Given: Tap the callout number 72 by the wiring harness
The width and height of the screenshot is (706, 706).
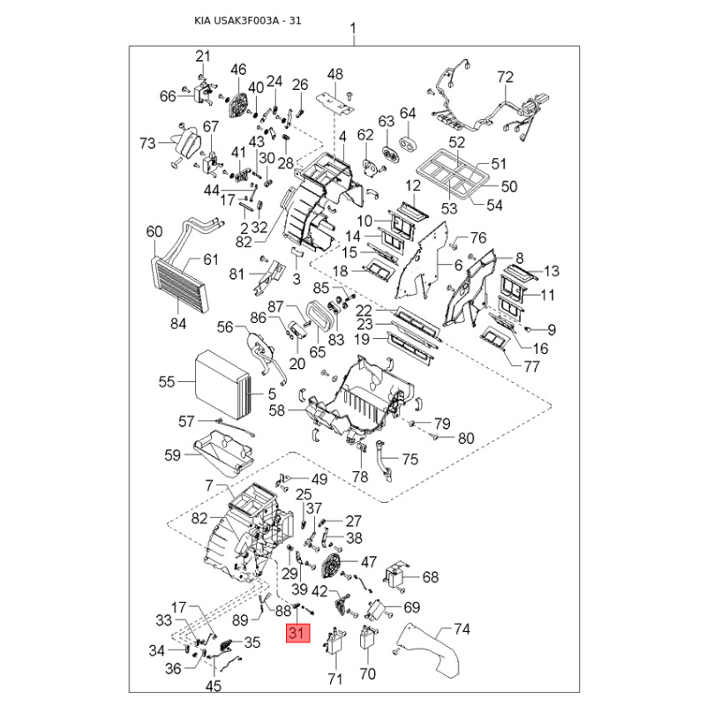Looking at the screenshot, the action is [505, 78].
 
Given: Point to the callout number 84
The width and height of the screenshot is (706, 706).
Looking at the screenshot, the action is [178, 324].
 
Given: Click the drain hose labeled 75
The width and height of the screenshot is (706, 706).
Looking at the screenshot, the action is [381, 458].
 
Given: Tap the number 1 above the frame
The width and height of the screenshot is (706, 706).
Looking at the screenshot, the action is [353, 28].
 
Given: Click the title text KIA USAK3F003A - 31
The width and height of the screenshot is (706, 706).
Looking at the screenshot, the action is [248, 20].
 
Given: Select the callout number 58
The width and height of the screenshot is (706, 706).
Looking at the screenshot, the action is [277, 410].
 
